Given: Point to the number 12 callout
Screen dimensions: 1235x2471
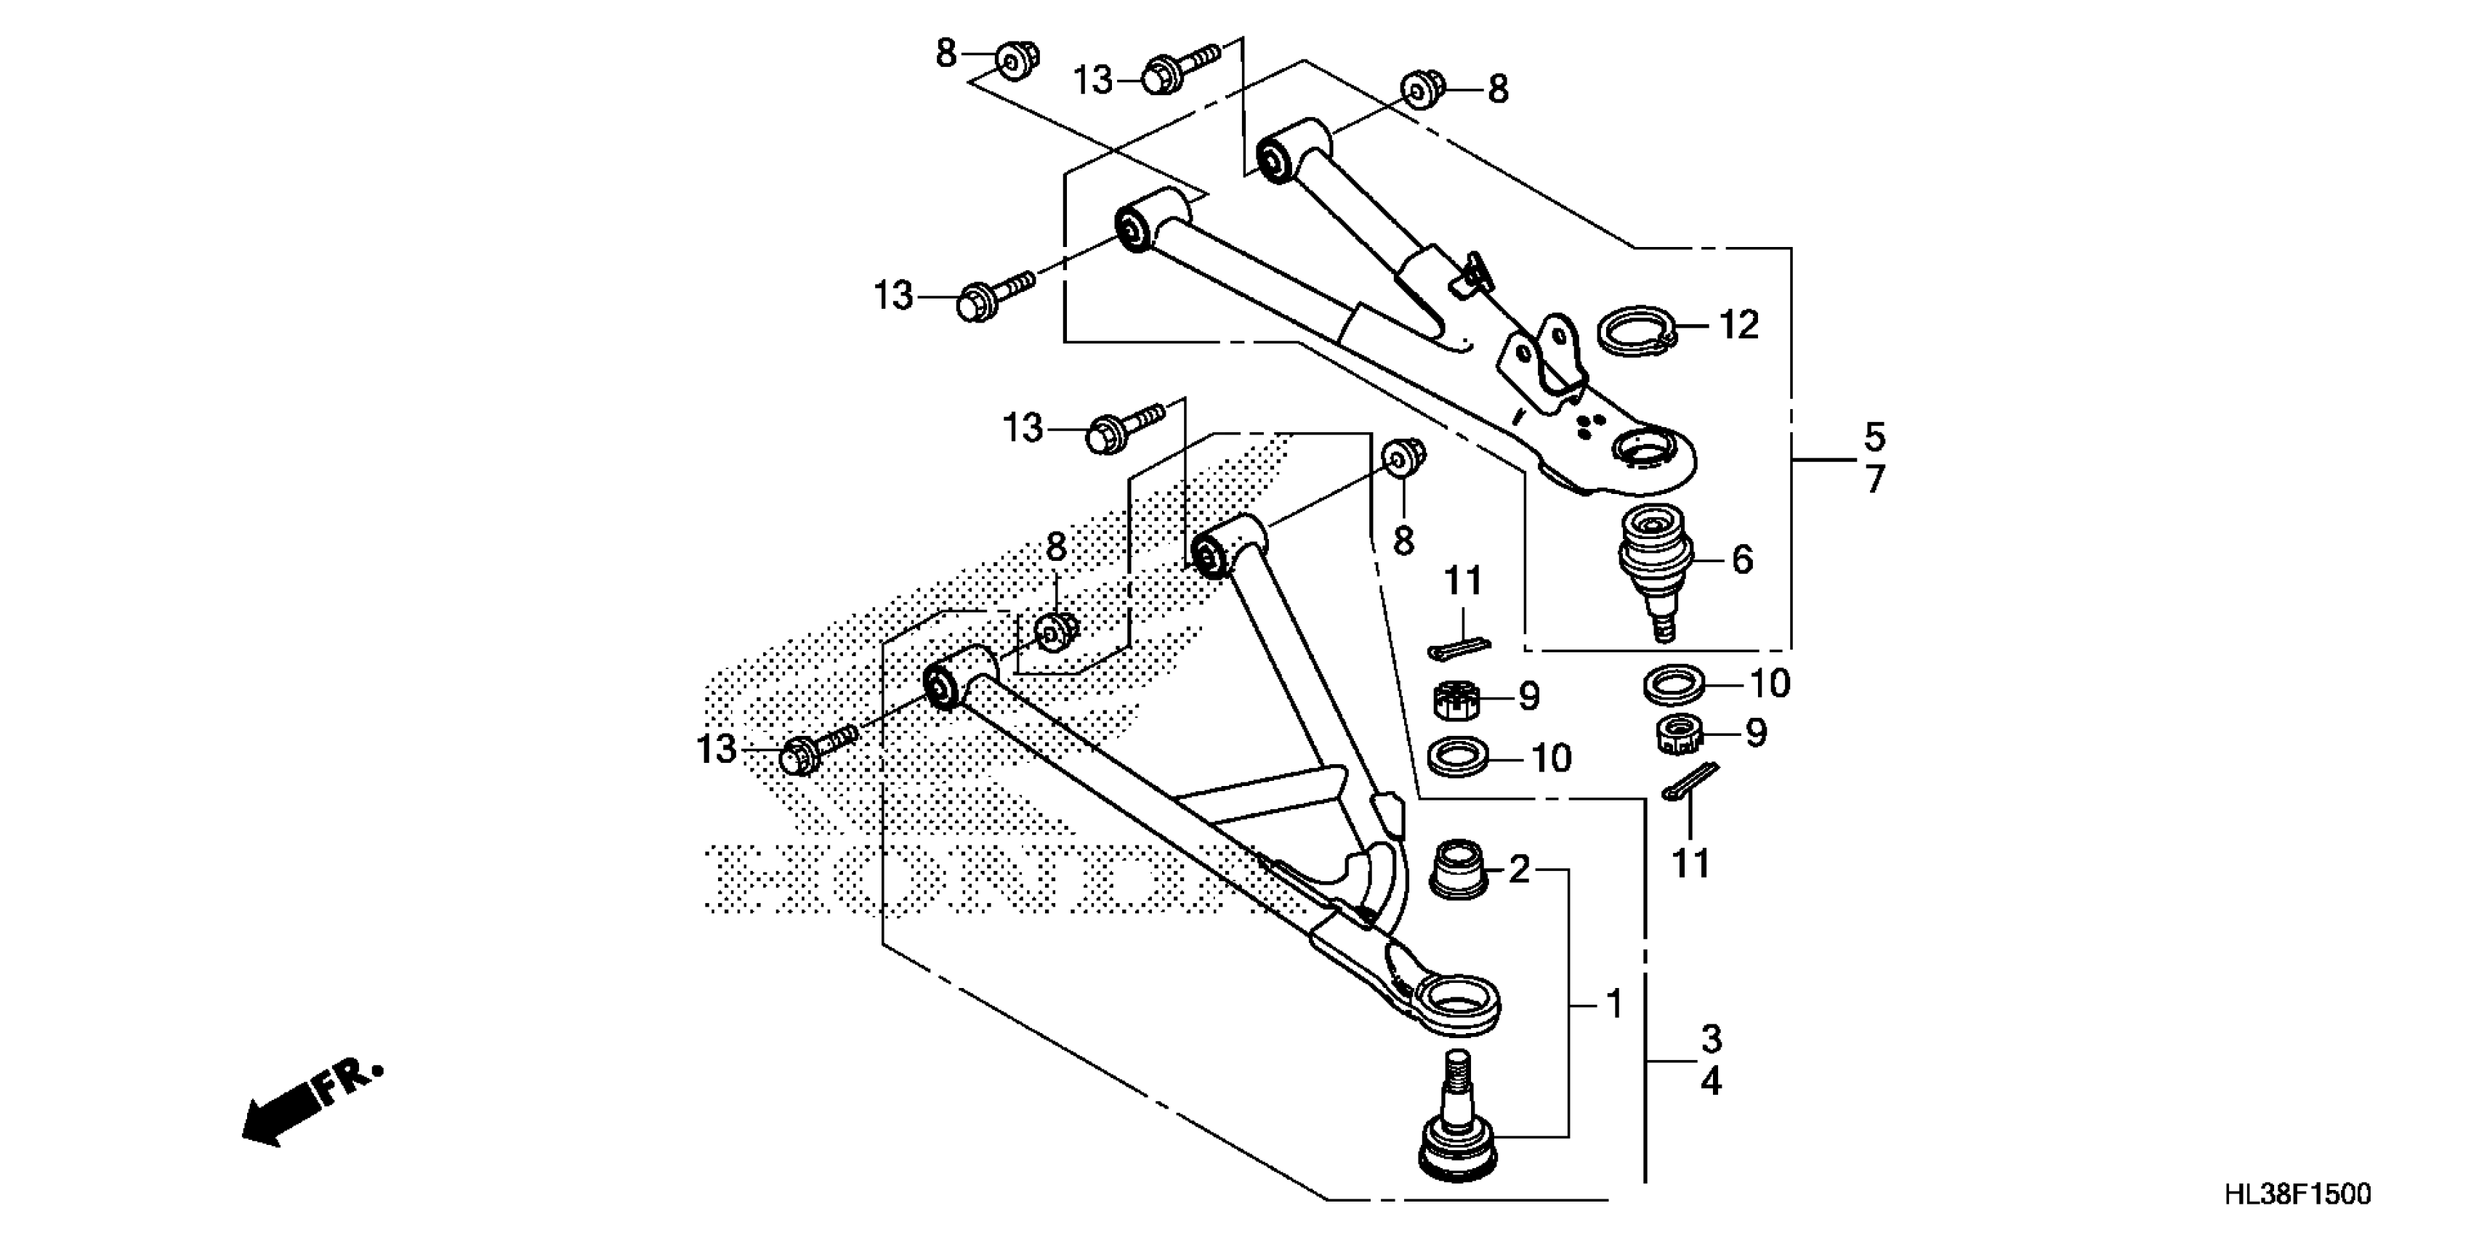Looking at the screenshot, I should click(x=1738, y=325).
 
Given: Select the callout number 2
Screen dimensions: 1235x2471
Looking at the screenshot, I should click(x=1517, y=870).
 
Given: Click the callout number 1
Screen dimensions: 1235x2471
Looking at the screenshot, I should click(x=1613, y=1004).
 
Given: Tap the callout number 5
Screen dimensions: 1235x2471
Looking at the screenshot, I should click(x=1874, y=437).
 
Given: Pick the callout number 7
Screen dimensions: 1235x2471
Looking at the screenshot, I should click(x=1874, y=479).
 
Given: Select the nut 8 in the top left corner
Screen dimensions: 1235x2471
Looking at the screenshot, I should click(x=1015, y=61).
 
